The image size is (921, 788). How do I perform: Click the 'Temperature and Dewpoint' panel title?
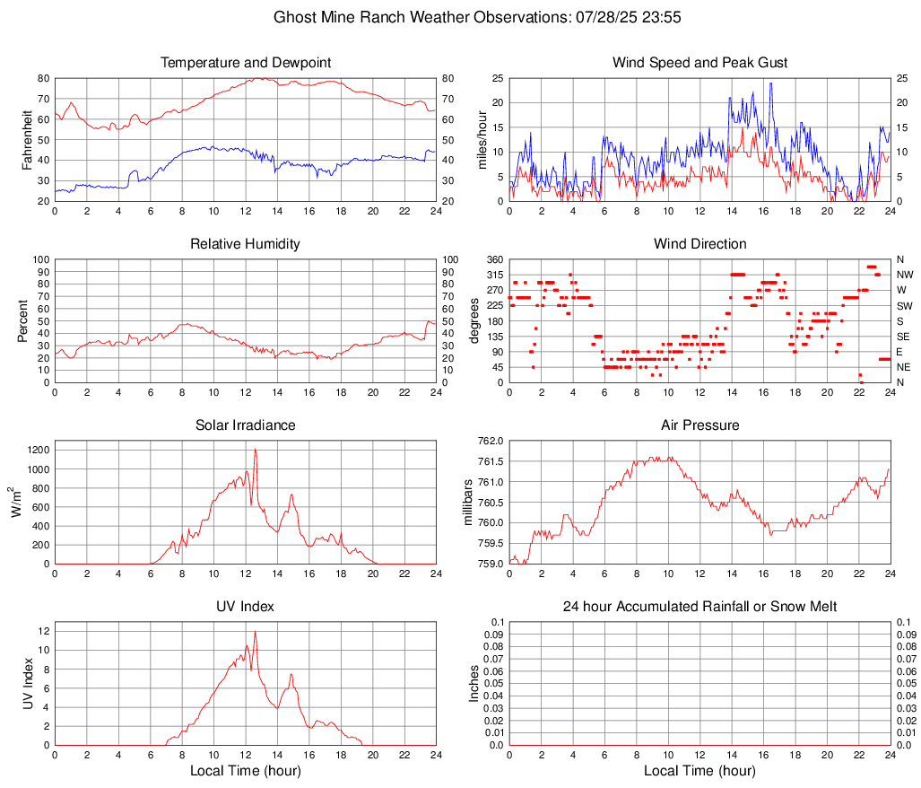click(x=246, y=63)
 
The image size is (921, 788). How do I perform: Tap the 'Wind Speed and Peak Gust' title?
click(x=699, y=63)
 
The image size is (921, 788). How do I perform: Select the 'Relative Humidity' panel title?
click(x=246, y=244)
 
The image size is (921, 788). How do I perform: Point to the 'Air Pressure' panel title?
click(x=699, y=425)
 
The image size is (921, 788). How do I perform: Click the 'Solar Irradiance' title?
click(x=246, y=425)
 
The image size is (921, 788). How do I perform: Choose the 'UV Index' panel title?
click(x=246, y=607)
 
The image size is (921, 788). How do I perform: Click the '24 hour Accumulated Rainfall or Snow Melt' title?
click(x=699, y=607)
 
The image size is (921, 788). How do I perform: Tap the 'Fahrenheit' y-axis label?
click(x=27, y=139)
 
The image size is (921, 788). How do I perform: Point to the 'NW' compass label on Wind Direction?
click(x=905, y=275)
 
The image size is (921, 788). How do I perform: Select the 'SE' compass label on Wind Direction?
click(x=904, y=337)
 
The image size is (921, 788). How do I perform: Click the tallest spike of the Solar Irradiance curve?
click(x=255, y=450)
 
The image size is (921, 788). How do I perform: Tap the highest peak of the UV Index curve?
click(x=255, y=632)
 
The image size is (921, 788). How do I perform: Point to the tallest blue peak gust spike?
click(x=770, y=83)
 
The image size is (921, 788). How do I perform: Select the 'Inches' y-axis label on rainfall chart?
click(x=474, y=683)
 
